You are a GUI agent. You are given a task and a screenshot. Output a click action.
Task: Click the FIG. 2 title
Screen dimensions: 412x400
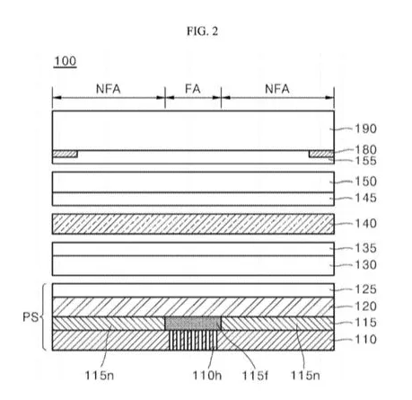point(202,31)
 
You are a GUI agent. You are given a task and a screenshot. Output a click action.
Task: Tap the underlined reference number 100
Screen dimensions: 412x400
point(66,61)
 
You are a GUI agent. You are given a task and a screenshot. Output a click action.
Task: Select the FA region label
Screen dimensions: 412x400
point(193,89)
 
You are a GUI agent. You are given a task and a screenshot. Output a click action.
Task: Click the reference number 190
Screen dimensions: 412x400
point(365,129)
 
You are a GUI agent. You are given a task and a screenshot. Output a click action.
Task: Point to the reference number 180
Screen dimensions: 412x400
point(365,149)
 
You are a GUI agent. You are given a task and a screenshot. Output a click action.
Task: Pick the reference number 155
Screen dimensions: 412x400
point(365,161)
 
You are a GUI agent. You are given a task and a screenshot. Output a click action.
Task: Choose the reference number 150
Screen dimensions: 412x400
point(365,182)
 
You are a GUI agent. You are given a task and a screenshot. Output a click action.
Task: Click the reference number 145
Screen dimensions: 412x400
point(365,198)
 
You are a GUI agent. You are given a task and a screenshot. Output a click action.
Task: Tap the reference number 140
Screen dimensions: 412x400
point(365,224)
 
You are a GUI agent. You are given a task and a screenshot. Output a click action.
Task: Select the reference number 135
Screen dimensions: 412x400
point(365,248)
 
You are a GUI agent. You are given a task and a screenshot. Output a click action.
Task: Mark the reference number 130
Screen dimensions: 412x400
point(365,265)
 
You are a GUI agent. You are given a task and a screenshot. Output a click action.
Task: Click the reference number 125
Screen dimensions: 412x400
point(365,289)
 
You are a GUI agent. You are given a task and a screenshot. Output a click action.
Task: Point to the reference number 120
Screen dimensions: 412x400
point(365,307)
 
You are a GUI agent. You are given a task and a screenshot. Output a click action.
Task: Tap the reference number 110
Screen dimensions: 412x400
point(365,340)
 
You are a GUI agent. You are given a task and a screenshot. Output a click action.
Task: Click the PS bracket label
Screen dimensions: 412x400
point(31,317)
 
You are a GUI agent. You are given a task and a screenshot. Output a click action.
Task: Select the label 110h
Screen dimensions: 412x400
point(207,375)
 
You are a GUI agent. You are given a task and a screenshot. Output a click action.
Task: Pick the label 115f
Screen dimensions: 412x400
point(255,375)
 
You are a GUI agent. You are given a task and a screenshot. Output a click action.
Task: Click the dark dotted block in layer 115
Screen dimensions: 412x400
point(193,324)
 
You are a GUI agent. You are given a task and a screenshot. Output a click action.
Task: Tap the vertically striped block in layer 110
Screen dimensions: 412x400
point(193,340)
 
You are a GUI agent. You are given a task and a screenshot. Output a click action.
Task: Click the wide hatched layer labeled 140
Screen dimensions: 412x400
point(193,224)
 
